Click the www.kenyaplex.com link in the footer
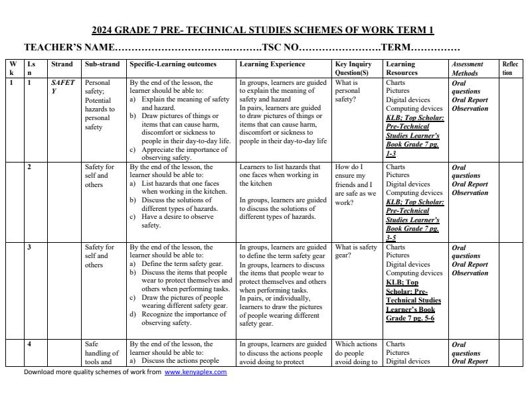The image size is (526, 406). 195,372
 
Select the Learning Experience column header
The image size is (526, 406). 272,64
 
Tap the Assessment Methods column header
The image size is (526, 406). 468,68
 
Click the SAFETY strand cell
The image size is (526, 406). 62,87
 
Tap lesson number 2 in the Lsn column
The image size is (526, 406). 29,167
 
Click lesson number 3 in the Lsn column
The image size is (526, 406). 29,247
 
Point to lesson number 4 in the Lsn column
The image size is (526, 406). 29,344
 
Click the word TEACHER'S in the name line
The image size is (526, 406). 52,48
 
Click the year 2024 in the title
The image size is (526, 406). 105,30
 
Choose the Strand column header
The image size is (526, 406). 62,64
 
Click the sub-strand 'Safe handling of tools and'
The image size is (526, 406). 102,353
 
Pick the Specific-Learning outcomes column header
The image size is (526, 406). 173,64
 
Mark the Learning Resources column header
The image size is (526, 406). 400,68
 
